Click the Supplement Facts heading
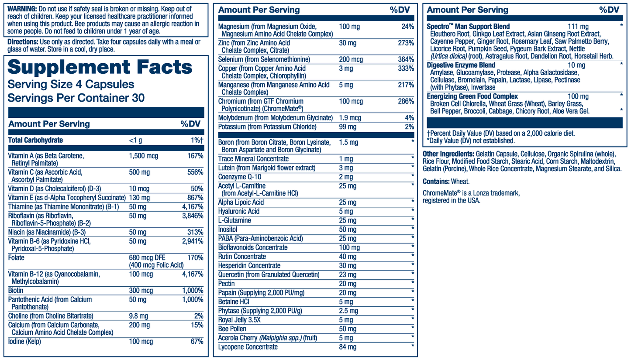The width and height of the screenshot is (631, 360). (x=100, y=67)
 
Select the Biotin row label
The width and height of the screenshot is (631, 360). (x=16, y=290)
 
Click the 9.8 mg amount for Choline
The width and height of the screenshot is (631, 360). (x=139, y=316)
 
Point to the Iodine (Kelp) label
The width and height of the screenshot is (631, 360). (x=24, y=342)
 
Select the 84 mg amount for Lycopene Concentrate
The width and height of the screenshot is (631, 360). (x=348, y=347)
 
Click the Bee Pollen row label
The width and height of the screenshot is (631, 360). (x=232, y=329)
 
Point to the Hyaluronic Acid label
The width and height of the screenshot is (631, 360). (x=239, y=211)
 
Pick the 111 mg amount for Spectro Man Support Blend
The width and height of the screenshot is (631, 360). (x=578, y=27)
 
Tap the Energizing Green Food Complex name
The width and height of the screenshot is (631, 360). (x=472, y=96)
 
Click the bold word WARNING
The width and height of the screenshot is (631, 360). (x=22, y=9)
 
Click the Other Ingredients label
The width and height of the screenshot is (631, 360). (x=448, y=154)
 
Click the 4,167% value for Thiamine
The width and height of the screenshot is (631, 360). (x=193, y=206)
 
